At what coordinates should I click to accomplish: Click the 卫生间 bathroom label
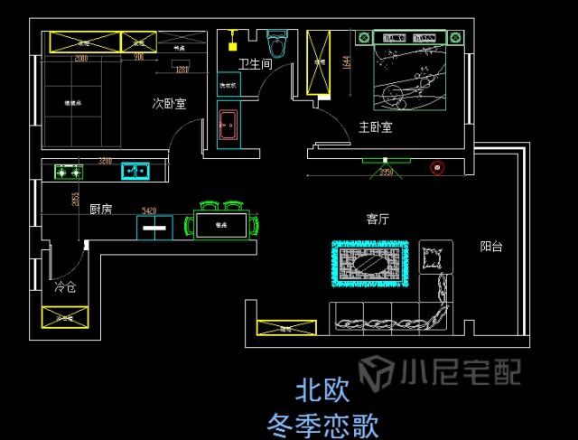coord(255,64)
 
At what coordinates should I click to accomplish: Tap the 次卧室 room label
coord(169,104)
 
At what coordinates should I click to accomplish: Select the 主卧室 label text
coord(375,127)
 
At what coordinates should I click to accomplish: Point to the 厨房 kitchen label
coord(100,209)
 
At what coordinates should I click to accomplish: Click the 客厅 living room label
coord(378,219)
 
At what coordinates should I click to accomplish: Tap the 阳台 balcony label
coord(491,245)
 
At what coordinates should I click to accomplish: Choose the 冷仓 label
coord(65,287)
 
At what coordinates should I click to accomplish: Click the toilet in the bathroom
coord(276,42)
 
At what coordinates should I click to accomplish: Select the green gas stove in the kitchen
coord(68,171)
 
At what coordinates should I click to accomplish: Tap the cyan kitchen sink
coord(135,171)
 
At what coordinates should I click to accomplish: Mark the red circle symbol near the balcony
coord(437,167)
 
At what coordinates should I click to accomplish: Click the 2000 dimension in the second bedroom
coord(81,58)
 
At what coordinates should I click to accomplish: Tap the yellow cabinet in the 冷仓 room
coord(65,317)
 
